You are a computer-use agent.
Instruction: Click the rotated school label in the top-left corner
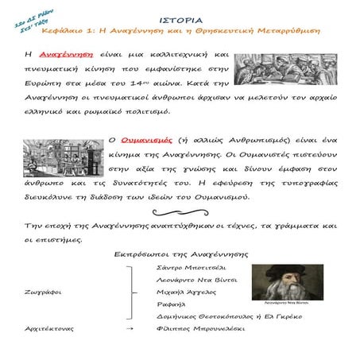pyautogui.click(x=28, y=16)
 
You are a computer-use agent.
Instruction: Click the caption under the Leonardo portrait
pyautogui.click(x=283, y=304)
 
